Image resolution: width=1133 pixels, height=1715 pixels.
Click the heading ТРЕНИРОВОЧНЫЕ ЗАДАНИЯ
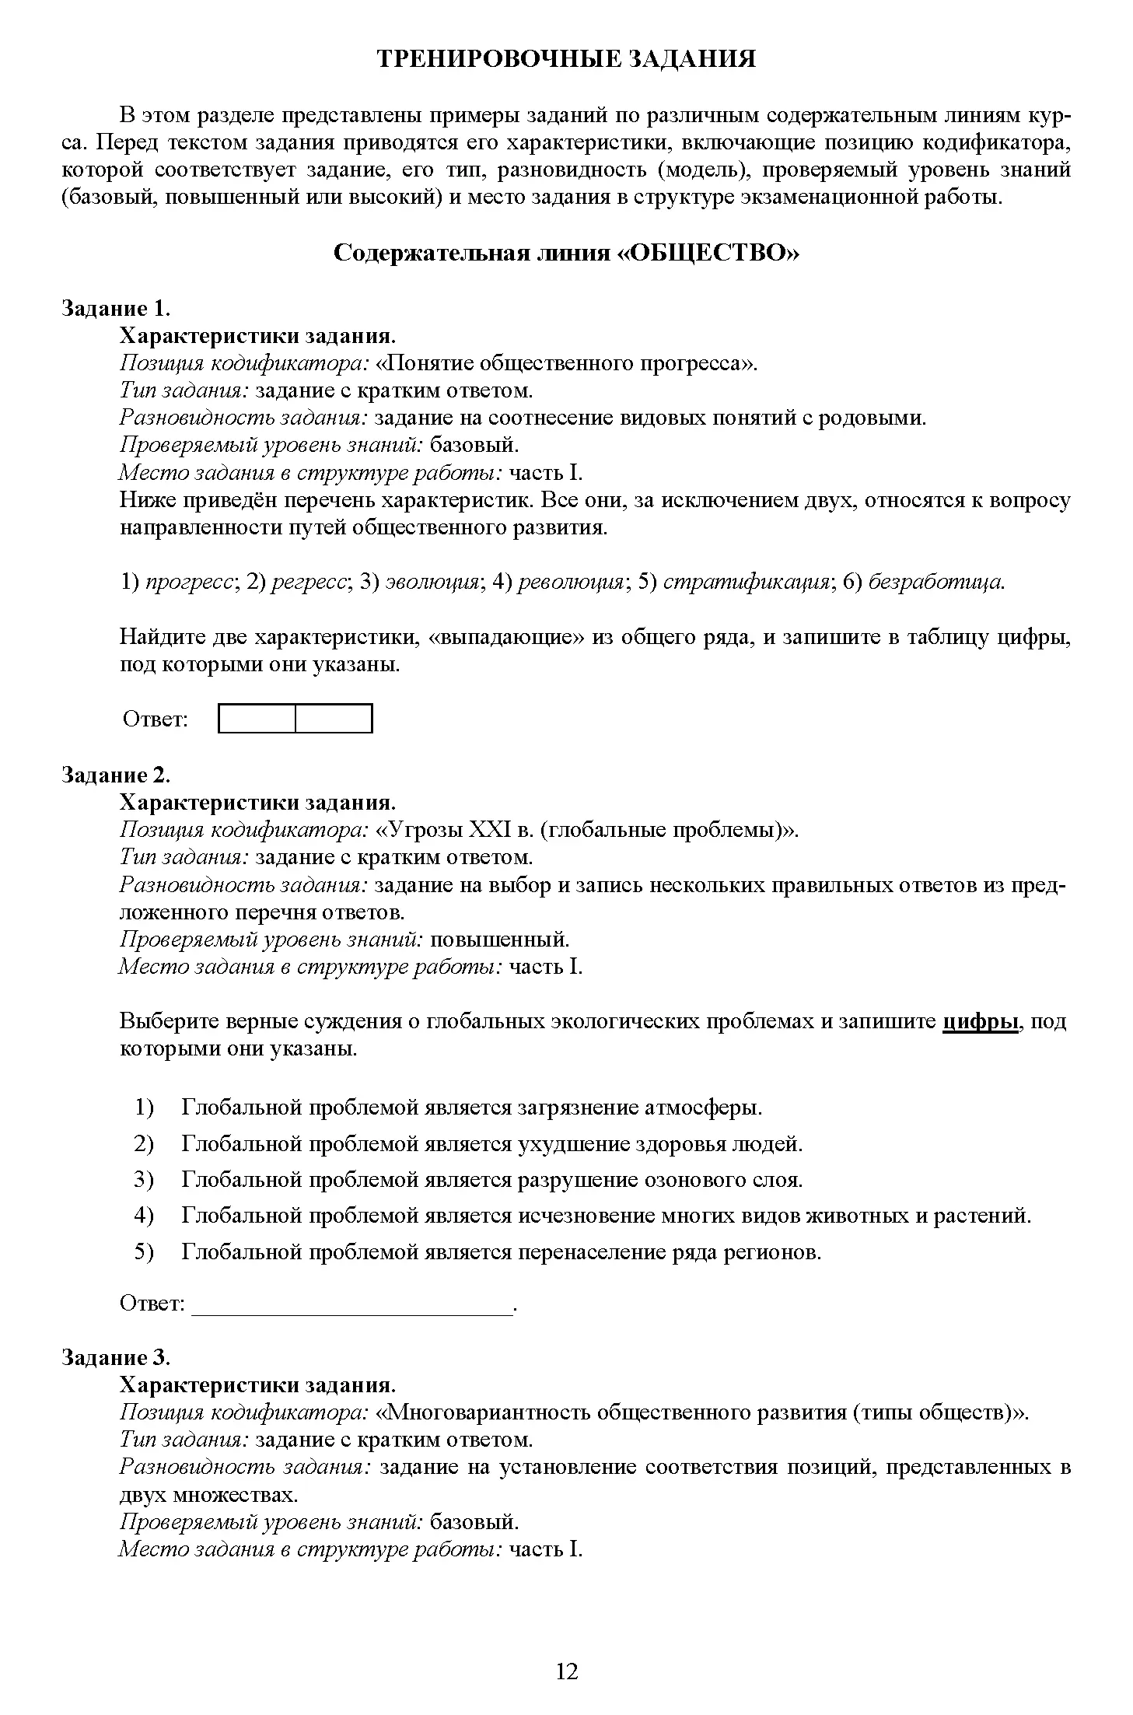(x=566, y=60)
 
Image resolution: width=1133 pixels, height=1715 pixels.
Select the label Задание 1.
(x=116, y=309)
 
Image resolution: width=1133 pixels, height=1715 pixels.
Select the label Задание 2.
(x=116, y=775)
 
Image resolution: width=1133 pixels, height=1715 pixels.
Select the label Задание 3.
(x=116, y=1358)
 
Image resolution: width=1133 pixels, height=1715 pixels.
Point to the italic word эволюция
(x=433, y=582)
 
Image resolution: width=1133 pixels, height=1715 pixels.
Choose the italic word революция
(x=571, y=582)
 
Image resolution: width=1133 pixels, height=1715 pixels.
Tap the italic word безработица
(x=935, y=582)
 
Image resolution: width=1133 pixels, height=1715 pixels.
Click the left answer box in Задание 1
(x=257, y=719)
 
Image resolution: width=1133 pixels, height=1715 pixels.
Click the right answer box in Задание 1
(x=334, y=719)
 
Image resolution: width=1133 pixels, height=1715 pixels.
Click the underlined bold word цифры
(x=980, y=1022)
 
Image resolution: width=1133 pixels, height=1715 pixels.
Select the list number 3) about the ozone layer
(x=145, y=1180)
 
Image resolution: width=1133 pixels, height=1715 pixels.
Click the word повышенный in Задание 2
(x=499, y=940)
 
